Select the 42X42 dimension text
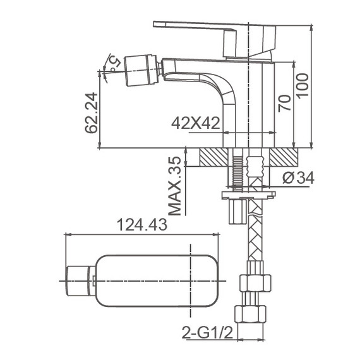[195, 124]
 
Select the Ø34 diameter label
[299, 178]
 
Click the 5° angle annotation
[114, 62]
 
